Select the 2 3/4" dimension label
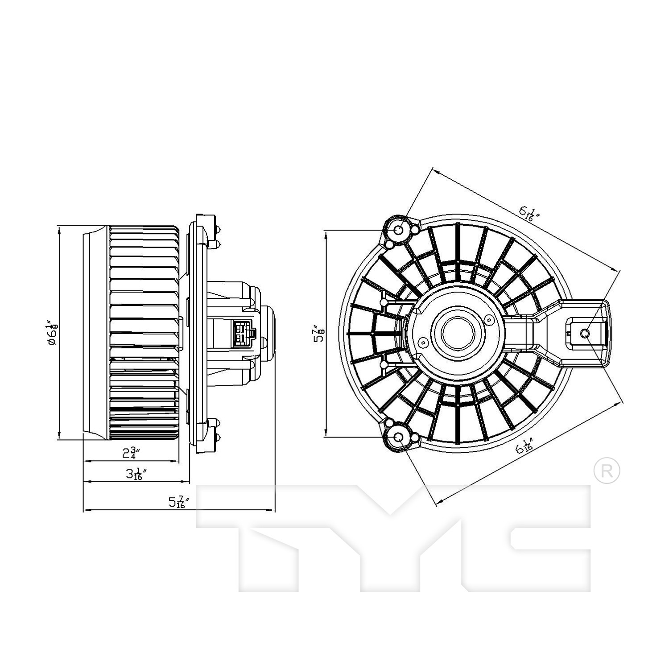tap(132, 454)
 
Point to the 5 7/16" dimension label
tap(179, 502)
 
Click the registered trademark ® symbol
tap(607, 471)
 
